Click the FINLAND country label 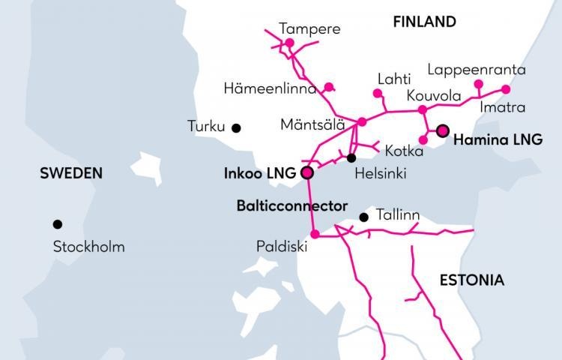click(x=424, y=22)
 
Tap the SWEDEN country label click(x=71, y=173)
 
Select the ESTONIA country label click(x=471, y=280)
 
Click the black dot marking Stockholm click(x=57, y=223)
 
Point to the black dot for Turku click(x=236, y=127)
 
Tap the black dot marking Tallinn click(x=363, y=217)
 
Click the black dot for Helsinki click(x=351, y=157)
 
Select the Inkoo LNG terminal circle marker click(x=306, y=172)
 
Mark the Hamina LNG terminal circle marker click(x=442, y=130)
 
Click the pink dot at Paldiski click(x=315, y=234)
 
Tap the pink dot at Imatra click(x=506, y=89)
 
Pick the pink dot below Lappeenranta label click(x=478, y=83)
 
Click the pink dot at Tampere click(x=289, y=43)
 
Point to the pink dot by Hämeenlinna click(x=328, y=86)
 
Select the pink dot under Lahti click(x=378, y=94)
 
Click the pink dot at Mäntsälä click(x=362, y=121)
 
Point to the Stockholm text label click(x=89, y=246)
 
